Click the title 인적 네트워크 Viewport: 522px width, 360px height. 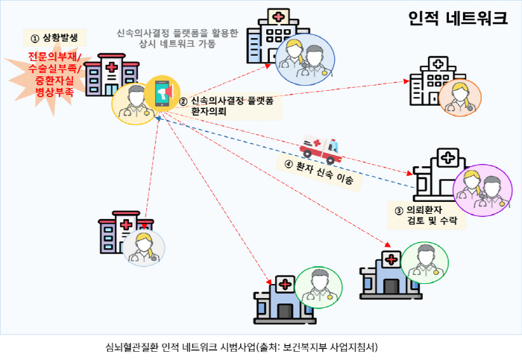tap(457, 19)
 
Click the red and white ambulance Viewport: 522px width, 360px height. tap(320, 148)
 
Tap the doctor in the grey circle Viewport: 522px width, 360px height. tap(139, 248)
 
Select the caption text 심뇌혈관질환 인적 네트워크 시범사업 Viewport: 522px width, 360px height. tap(180, 347)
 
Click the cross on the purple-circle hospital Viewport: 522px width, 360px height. tap(447, 158)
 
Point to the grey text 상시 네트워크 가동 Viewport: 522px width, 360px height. tap(177, 45)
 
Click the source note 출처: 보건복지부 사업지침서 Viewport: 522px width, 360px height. tap(318, 347)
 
